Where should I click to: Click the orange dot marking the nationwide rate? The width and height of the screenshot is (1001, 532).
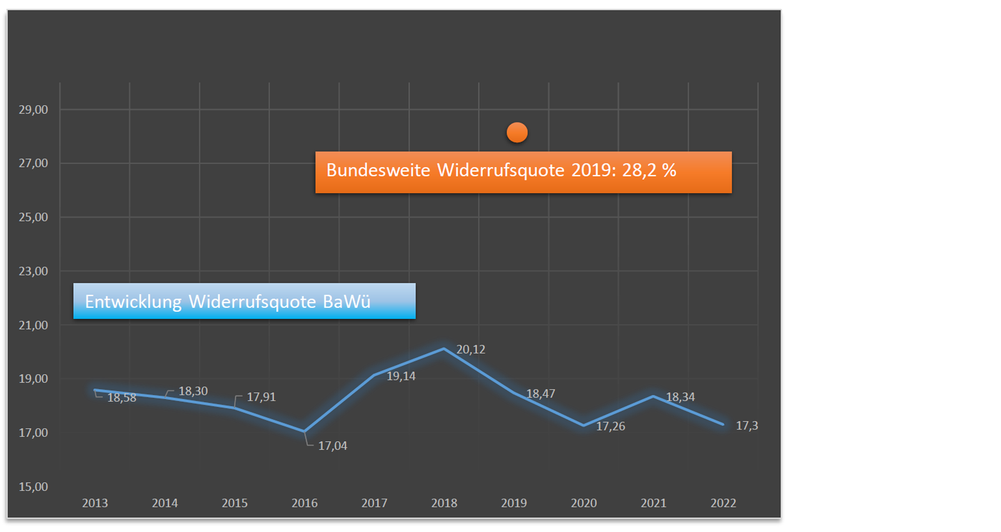click(x=517, y=133)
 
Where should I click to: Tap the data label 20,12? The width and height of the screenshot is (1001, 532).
click(x=471, y=350)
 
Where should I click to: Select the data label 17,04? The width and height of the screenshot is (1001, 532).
click(x=333, y=446)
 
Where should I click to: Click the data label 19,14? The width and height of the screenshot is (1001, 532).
click(x=401, y=376)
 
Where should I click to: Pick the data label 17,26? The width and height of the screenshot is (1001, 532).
click(x=610, y=426)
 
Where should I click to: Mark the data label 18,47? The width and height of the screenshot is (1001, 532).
click(x=541, y=394)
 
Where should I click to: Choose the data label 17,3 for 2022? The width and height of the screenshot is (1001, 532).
click(x=747, y=426)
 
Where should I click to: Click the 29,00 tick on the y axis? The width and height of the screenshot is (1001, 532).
click(x=33, y=110)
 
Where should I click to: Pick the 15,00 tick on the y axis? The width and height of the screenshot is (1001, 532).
click(x=33, y=487)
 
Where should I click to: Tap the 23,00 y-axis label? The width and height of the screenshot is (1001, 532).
click(x=33, y=271)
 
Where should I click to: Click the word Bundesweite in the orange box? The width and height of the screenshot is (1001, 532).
click(x=378, y=170)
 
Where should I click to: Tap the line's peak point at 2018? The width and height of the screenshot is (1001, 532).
click(x=444, y=349)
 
